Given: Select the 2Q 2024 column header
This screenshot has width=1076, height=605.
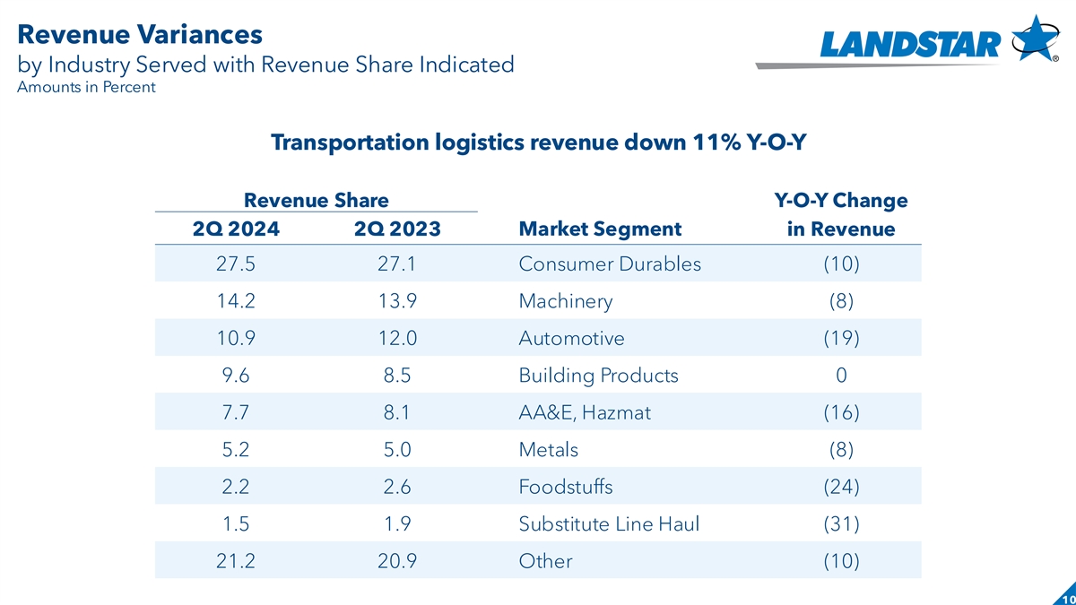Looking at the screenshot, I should (236, 229).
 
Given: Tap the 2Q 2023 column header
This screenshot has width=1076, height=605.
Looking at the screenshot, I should (397, 229).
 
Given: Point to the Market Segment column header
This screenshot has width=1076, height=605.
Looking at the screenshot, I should (600, 229).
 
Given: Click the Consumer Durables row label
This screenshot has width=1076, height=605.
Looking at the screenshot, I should (610, 264).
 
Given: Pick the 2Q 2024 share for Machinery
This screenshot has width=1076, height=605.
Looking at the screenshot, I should (236, 301).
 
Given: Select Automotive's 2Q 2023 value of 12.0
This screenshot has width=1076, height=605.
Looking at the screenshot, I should (397, 339).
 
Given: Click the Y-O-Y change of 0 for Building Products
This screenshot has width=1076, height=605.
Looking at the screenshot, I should (840, 376).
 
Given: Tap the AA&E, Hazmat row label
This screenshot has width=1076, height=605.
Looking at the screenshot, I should (585, 413).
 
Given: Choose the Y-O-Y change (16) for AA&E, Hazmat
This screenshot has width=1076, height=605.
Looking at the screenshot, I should (840, 413).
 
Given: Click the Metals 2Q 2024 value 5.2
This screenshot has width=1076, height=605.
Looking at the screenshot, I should (236, 450).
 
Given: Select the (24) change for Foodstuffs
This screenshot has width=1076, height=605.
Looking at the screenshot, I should (840, 487).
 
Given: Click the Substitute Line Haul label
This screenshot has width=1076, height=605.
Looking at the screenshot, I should (609, 524).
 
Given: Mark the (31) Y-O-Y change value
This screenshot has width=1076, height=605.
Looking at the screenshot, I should (840, 524).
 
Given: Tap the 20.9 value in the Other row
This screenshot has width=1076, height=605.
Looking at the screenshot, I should (397, 561).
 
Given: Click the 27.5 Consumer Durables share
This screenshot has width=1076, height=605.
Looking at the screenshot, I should (236, 264).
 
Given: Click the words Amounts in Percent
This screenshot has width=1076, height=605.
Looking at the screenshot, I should (86, 87).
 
